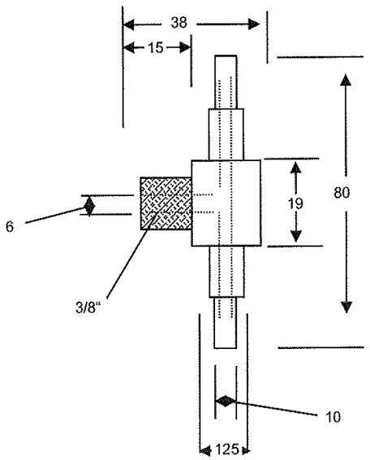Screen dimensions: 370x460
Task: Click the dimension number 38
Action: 179,23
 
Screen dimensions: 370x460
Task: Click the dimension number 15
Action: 156,48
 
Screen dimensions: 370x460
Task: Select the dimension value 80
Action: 342,193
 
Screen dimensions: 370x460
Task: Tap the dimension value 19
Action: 295,203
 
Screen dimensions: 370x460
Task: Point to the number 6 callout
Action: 10,227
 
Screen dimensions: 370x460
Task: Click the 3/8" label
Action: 88,308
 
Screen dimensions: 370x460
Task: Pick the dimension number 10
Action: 333,417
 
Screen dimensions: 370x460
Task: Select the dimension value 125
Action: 227,449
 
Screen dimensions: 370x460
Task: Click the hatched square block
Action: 166,203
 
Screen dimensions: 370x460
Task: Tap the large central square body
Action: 226,202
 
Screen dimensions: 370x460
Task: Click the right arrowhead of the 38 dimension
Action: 254,24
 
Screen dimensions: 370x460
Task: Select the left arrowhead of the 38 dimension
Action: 129,24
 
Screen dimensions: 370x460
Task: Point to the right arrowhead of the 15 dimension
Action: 185,48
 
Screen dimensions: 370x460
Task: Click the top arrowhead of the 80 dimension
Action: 346,80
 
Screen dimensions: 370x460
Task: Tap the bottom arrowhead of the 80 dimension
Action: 346,307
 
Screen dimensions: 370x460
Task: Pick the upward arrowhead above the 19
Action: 296,167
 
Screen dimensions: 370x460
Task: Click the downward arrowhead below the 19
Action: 296,236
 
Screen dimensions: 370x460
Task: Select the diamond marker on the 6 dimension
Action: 89,206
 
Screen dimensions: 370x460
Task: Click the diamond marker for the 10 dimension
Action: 226,402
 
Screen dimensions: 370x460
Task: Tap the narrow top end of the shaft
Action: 226,82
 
